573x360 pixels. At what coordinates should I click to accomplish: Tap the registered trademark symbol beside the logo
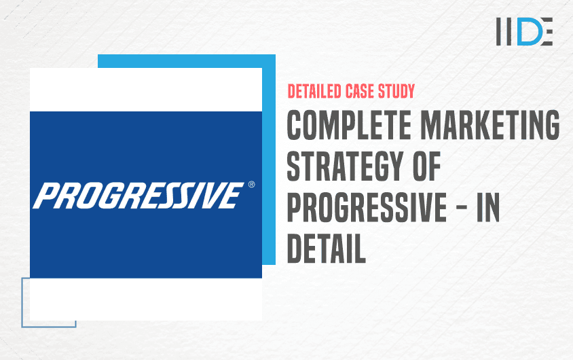click(x=252, y=184)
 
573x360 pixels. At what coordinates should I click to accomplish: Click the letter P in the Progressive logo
click(x=45, y=196)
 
